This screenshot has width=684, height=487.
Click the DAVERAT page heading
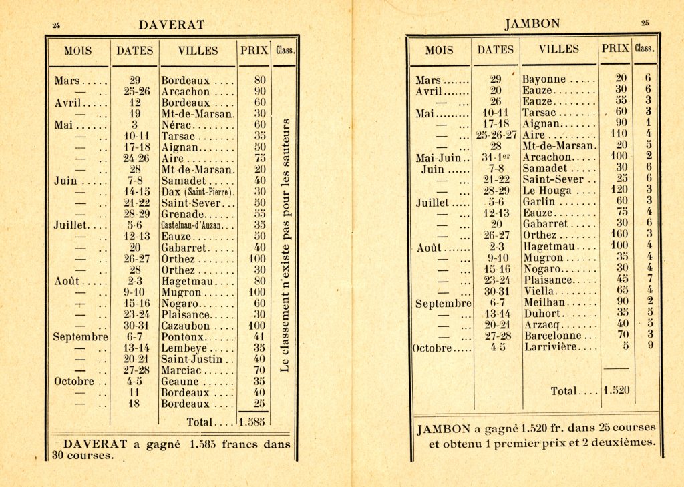(x=171, y=25)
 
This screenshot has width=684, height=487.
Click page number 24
(x=57, y=25)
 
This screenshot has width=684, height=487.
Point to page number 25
(x=645, y=23)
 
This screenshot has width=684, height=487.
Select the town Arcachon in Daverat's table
(x=186, y=92)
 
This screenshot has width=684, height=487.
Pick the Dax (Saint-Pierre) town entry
(x=198, y=192)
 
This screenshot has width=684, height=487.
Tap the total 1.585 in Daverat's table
(x=252, y=422)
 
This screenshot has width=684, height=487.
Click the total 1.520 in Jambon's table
(x=617, y=391)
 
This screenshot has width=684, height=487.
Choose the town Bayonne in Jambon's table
(x=544, y=79)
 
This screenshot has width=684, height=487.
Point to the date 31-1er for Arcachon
(x=496, y=157)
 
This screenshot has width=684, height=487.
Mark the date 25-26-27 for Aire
(x=496, y=135)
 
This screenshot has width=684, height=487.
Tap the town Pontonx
(x=182, y=337)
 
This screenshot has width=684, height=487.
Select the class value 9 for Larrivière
(x=648, y=346)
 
